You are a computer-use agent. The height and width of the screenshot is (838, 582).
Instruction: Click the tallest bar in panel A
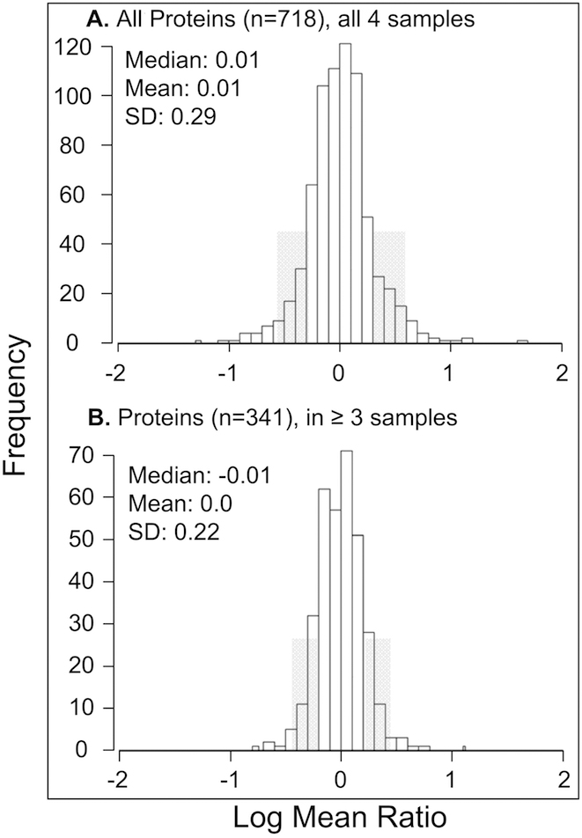tap(344, 193)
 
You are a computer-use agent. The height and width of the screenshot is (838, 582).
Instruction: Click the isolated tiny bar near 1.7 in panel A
tap(522, 341)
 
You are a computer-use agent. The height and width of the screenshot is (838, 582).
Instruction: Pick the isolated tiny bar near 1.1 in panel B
tap(463, 748)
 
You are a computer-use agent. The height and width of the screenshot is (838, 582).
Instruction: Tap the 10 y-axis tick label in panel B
tap(91, 709)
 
